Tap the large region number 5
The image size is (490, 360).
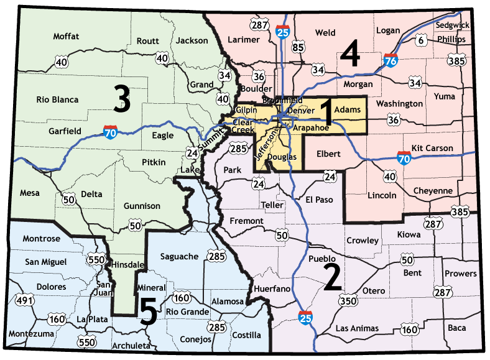[x=148, y=312]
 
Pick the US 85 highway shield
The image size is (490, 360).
[x=298, y=47]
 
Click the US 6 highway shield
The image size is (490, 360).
[x=421, y=41]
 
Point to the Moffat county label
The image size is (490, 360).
[x=66, y=36]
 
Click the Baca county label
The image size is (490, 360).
[x=456, y=327]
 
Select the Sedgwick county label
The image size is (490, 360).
[x=453, y=25]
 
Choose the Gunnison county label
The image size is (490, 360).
[x=142, y=206]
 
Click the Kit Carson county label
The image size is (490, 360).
[x=432, y=149]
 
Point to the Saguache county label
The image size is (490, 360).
[x=179, y=256]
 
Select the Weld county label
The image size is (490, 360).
[x=325, y=32]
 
